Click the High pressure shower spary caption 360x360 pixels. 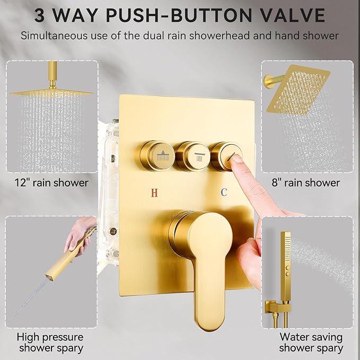[50, 342]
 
